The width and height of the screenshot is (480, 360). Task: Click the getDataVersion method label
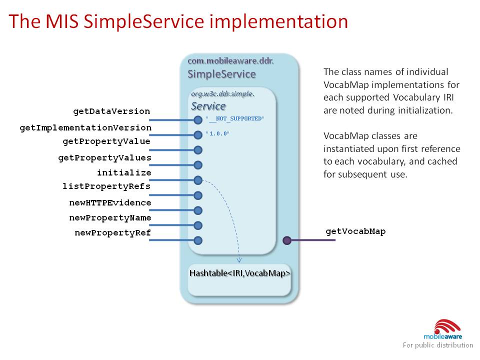[x=111, y=111]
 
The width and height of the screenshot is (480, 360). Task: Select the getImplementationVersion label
[x=85, y=128]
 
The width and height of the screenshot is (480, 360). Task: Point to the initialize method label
[x=124, y=172]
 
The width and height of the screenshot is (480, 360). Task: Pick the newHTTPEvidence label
[x=110, y=202]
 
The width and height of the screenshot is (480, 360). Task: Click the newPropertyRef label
[x=112, y=232]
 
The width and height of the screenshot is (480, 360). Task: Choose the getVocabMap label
[x=355, y=231]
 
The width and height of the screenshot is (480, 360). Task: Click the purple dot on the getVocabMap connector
[x=287, y=240]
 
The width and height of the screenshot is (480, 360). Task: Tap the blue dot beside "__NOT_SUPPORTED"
[x=198, y=120]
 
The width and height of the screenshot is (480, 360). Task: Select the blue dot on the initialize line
[x=198, y=180]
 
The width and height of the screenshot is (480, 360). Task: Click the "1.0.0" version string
[x=218, y=134]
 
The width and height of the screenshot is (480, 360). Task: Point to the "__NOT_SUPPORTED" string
[x=235, y=118]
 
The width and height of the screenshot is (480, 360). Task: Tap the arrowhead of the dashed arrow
[x=239, y=259]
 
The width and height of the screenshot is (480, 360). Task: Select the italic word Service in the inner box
[x=208, y=106]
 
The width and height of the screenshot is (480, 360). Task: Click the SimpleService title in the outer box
[x=221, y=74]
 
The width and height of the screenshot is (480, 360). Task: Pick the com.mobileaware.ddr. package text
[x=230, y=61]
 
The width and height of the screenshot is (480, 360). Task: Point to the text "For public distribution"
[x=438, y=345]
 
